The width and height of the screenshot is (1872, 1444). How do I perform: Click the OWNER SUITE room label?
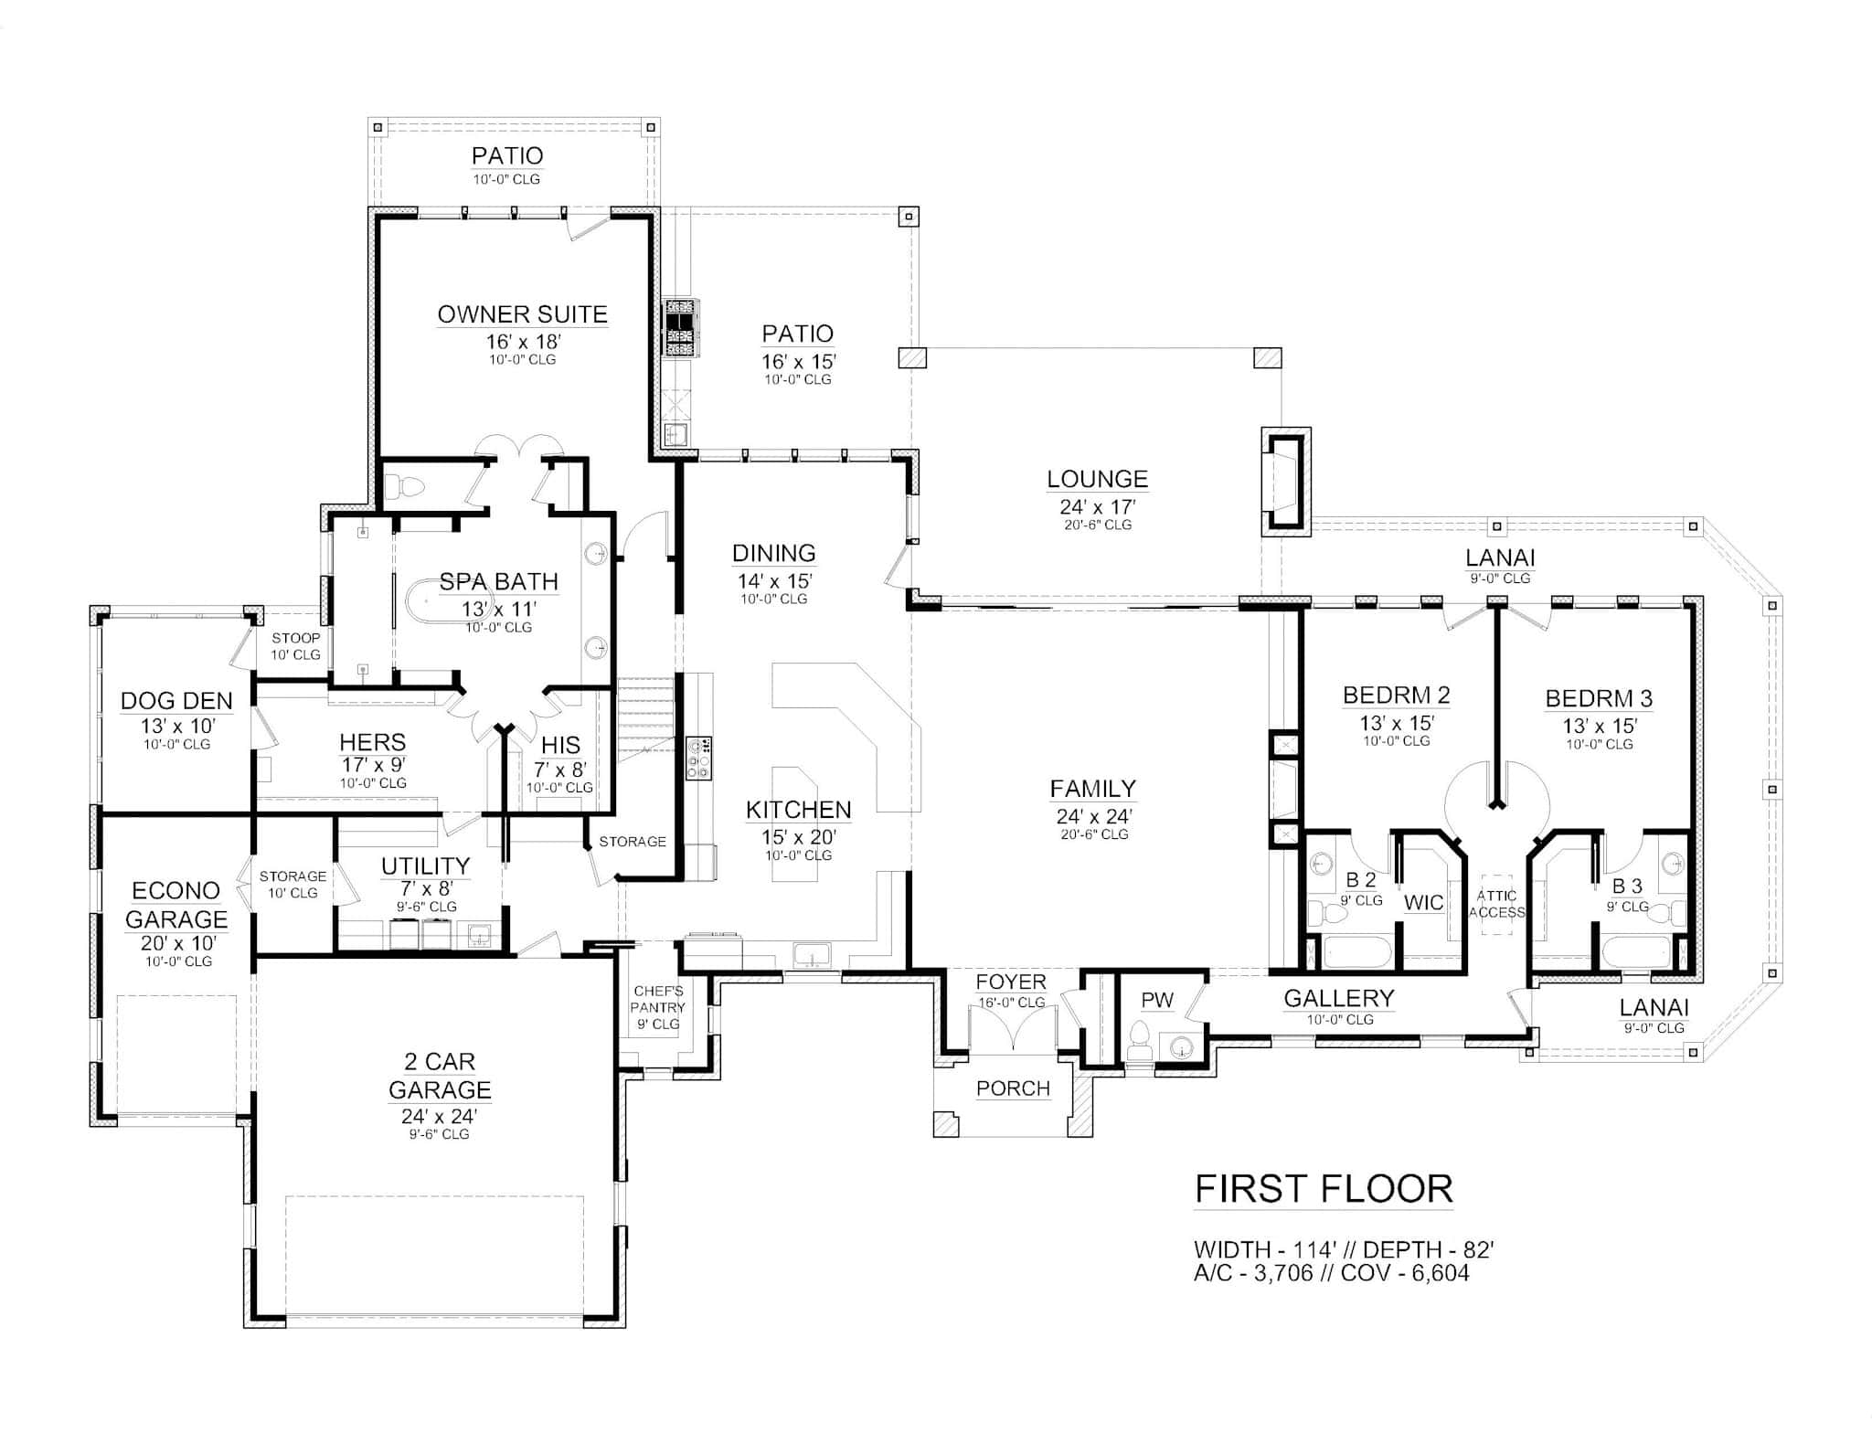click(522, 314)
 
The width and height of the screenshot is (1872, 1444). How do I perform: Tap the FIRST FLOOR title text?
click(1324, 1189)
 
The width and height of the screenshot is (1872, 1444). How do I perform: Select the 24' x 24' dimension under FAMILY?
click(1094, 815)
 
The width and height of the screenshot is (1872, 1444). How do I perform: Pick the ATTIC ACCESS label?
click(1496, 904)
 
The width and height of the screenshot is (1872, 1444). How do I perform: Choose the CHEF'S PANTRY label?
click(658, 999)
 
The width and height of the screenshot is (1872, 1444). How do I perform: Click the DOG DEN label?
click(176, 701)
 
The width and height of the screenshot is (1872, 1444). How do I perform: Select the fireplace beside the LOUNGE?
click(1286, 482)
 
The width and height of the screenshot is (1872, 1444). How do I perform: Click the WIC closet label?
click(1424, 903)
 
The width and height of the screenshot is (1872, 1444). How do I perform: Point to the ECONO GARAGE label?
click(176, 905)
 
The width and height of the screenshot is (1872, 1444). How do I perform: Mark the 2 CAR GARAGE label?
click(440, 1076)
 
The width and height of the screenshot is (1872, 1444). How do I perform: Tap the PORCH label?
click(1013, 1088)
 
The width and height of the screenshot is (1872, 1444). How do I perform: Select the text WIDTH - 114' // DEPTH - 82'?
click(1344, 1249)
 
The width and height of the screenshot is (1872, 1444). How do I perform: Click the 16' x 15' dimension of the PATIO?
click(798, 361)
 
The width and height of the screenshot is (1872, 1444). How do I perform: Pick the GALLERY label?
click(1339, 998)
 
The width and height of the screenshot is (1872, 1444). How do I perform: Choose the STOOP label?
click(295, 638)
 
